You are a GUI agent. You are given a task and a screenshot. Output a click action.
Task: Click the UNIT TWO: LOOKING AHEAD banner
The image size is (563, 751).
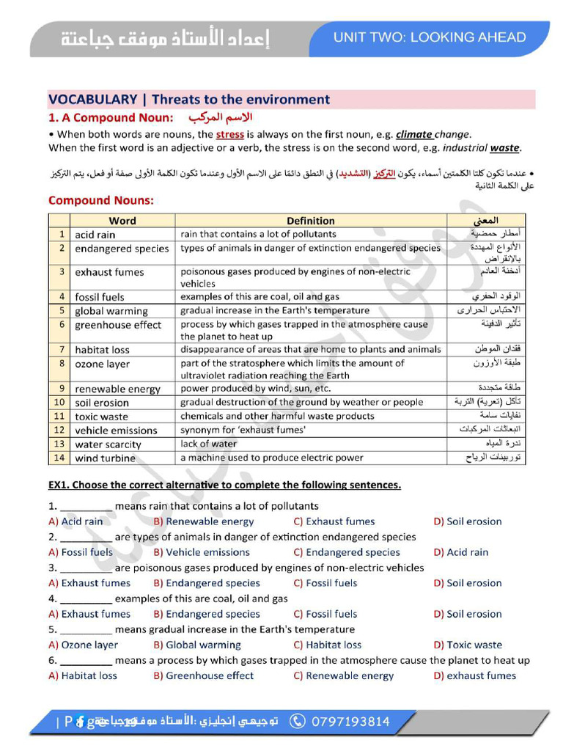click(430, 37)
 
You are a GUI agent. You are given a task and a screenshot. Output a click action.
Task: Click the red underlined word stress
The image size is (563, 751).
click(229, 134)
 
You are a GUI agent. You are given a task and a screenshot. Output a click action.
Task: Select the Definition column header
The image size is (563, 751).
click(310, 220)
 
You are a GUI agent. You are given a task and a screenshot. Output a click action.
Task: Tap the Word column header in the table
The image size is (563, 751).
click(122, 220)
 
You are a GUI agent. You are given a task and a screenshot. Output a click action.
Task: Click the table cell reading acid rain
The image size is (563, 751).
click(95, 235)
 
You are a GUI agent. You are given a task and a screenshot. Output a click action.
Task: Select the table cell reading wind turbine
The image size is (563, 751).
click(105, 458)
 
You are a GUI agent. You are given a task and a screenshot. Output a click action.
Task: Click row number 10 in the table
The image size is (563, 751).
click(59, 402)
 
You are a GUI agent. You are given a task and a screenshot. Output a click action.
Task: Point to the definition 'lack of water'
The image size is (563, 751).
click(209, 444)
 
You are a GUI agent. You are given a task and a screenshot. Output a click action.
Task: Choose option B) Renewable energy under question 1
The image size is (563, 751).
click(203, 521)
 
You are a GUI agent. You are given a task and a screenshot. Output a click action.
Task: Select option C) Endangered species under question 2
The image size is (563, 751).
click(346, 552)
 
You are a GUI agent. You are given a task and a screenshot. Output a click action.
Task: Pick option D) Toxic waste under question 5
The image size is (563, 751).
click(467, 645)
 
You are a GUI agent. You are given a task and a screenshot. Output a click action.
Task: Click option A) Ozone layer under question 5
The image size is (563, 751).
click(83, 645)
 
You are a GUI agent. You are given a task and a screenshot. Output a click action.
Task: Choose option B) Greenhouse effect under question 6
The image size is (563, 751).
click(203, 675)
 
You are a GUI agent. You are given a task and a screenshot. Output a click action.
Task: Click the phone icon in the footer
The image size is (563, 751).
click(298, 722)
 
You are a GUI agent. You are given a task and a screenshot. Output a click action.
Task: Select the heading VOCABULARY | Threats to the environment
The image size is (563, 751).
click(189, 100)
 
